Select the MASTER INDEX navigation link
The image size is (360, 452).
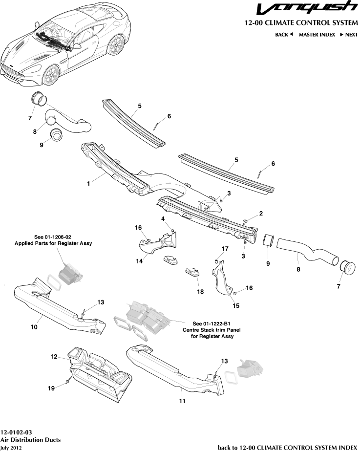317,35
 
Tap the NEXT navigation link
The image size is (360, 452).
348,35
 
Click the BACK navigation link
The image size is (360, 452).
283,35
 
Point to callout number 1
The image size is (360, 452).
88,184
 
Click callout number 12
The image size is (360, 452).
54,357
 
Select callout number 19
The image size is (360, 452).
51,388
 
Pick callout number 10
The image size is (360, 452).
34,327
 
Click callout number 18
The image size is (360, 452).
200,292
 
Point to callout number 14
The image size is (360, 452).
140,261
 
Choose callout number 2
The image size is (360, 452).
261,214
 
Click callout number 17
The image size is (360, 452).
225,249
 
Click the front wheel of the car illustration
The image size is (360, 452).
51,76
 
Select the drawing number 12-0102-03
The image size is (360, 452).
16,432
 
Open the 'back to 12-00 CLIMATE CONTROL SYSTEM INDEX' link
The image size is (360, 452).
287,447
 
